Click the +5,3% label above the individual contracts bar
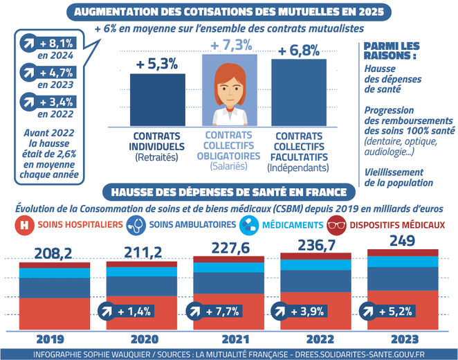[157, 63]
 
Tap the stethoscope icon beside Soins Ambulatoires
[136, 226]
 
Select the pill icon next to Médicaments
[248, 226]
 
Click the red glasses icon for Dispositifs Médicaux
[337, 226]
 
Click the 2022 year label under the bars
[313, 339]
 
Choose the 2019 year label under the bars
[50, 339]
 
